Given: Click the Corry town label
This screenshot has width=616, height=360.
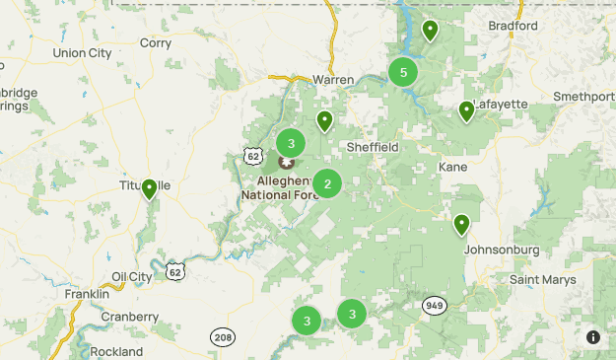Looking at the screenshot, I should tap(156, 42).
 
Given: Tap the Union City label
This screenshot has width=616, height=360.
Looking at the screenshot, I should tap(82, 52).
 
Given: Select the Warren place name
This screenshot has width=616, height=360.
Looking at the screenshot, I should tap(332, 80).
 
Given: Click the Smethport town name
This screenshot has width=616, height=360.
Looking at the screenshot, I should tap(583, 97).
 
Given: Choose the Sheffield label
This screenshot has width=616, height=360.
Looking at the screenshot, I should tap(373, 147).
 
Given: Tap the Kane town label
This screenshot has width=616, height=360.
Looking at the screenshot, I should tap(453, 167).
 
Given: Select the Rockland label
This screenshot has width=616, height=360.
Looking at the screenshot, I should tap(116, 351).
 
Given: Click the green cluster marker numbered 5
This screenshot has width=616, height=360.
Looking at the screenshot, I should tap(403, 72).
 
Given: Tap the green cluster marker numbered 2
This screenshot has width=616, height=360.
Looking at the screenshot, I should tap(327, 183).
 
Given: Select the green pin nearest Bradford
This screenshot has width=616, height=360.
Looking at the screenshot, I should tap(430, 31).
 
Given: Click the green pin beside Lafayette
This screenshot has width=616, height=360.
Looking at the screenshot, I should tap(467, 111).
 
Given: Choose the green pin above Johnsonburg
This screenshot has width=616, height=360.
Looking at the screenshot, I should tap(461, 225).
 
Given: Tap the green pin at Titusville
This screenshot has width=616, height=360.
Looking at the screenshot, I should tap(150, 188).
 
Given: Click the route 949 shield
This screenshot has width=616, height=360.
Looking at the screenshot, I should tap(435, 305).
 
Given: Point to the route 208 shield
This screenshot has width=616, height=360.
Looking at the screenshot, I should tap(222, 337).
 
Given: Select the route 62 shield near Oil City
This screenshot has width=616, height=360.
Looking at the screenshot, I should tap(174, 270).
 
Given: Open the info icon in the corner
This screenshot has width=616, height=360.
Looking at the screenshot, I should tap(593, 337).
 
